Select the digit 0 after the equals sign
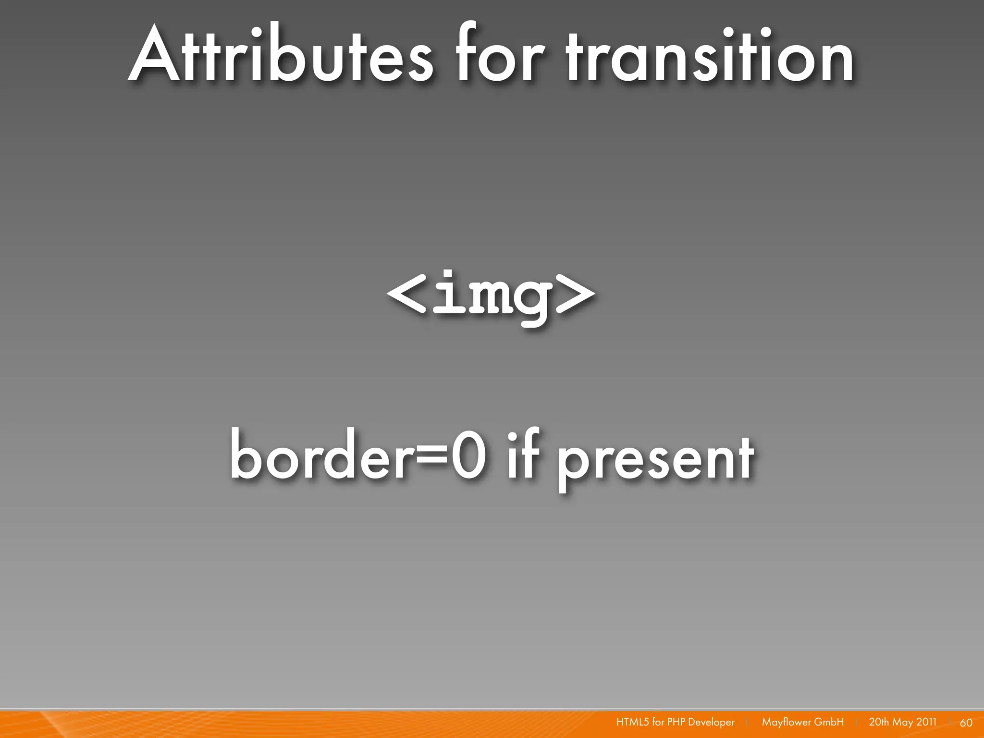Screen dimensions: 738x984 coord(468,455)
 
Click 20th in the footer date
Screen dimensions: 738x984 coord(879,722)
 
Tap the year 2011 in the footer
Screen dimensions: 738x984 coord(926,722)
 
